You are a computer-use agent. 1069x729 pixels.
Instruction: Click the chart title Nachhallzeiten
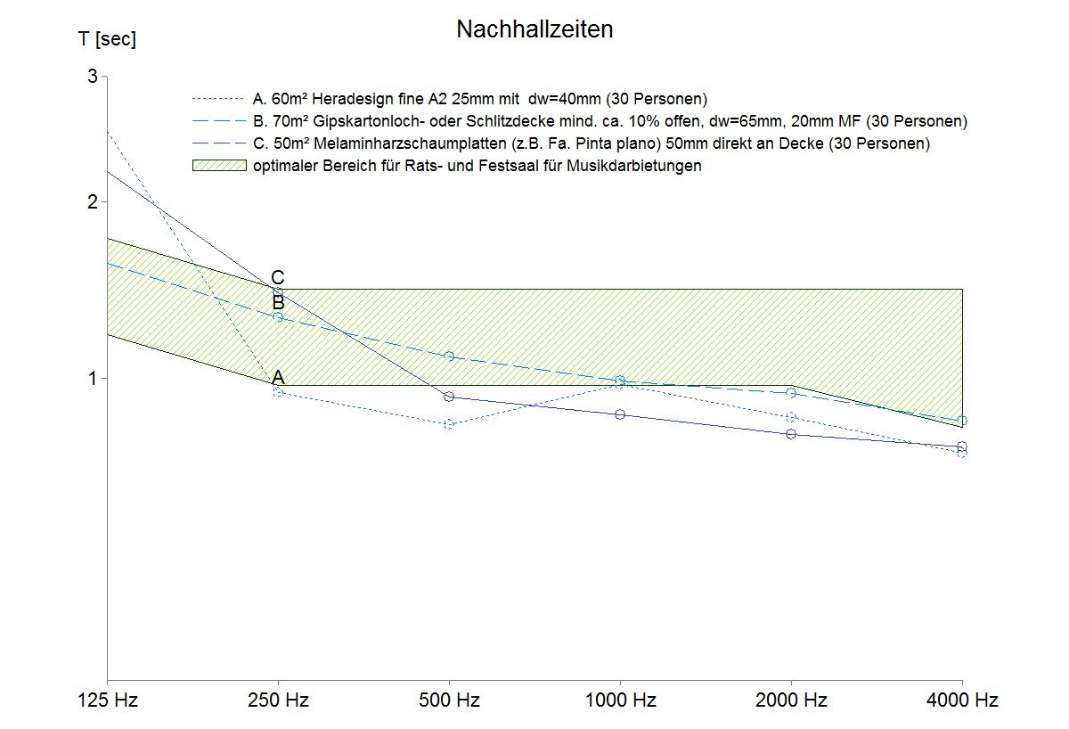534,29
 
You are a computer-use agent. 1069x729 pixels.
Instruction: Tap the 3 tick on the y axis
92,77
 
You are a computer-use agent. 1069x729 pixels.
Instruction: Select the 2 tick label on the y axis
92,202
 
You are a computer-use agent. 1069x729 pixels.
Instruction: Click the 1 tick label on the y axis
92,379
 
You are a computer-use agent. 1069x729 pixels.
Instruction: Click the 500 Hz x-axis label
449,700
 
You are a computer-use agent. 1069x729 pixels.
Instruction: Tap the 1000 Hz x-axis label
620,700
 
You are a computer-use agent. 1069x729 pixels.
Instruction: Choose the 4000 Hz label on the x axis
962,700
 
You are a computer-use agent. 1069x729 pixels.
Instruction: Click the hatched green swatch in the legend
219,165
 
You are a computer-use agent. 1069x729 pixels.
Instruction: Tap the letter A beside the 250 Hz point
278,378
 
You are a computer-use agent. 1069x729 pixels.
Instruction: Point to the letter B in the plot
278,302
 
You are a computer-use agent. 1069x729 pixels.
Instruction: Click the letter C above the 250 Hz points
278,278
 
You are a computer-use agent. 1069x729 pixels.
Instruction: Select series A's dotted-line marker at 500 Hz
449,424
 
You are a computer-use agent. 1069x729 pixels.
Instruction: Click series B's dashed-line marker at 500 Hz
449,356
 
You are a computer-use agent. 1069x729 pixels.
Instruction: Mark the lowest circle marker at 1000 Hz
620,414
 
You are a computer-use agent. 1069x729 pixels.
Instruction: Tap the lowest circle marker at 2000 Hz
791,434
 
